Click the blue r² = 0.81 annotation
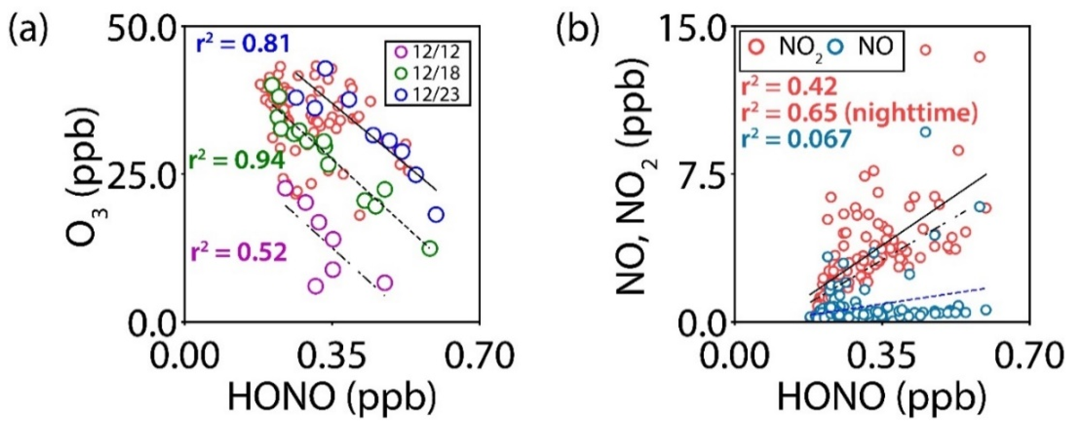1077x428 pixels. pyautogui.click(x=243, y=45)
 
